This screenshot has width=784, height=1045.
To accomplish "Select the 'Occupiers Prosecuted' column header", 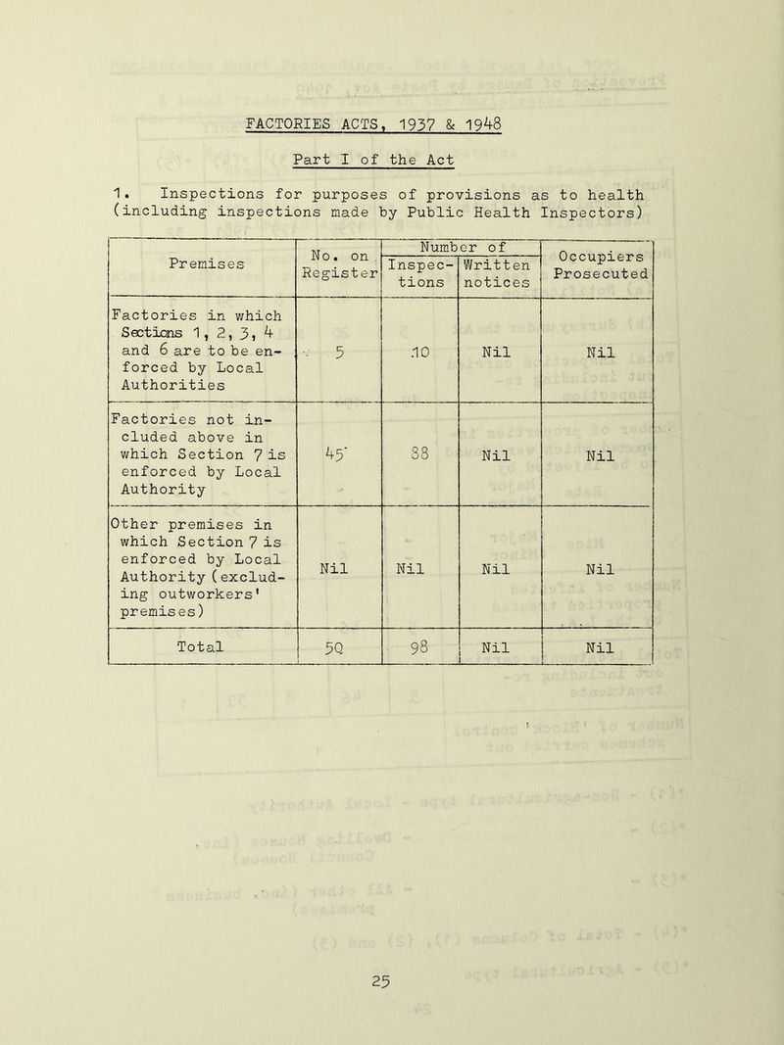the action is pyautogui.click(x=596, y=262).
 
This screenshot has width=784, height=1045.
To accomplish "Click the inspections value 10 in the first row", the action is pyautogui.click(x=418, y=352).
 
